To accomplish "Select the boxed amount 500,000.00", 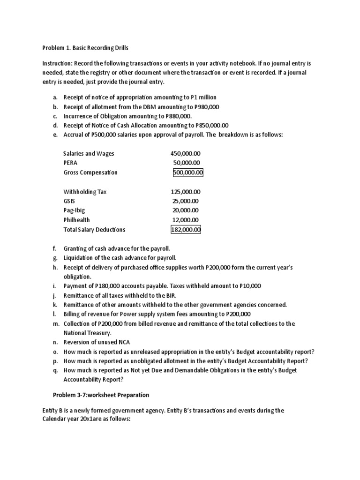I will click(187, 172).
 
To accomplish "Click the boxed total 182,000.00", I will click(186, 230).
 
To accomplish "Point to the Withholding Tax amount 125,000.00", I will click(186, 192).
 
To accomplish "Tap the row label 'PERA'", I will click(70, 163).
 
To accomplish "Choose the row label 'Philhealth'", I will click(77, 220).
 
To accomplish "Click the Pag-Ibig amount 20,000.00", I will click(186, 210).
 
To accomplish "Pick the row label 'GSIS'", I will click(69, 201).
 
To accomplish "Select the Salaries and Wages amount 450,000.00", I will click(186, 153).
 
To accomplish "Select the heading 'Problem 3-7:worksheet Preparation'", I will click(101, 395).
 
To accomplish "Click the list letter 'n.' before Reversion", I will click(55, 343).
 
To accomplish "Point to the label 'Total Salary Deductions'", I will click(94, 230).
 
